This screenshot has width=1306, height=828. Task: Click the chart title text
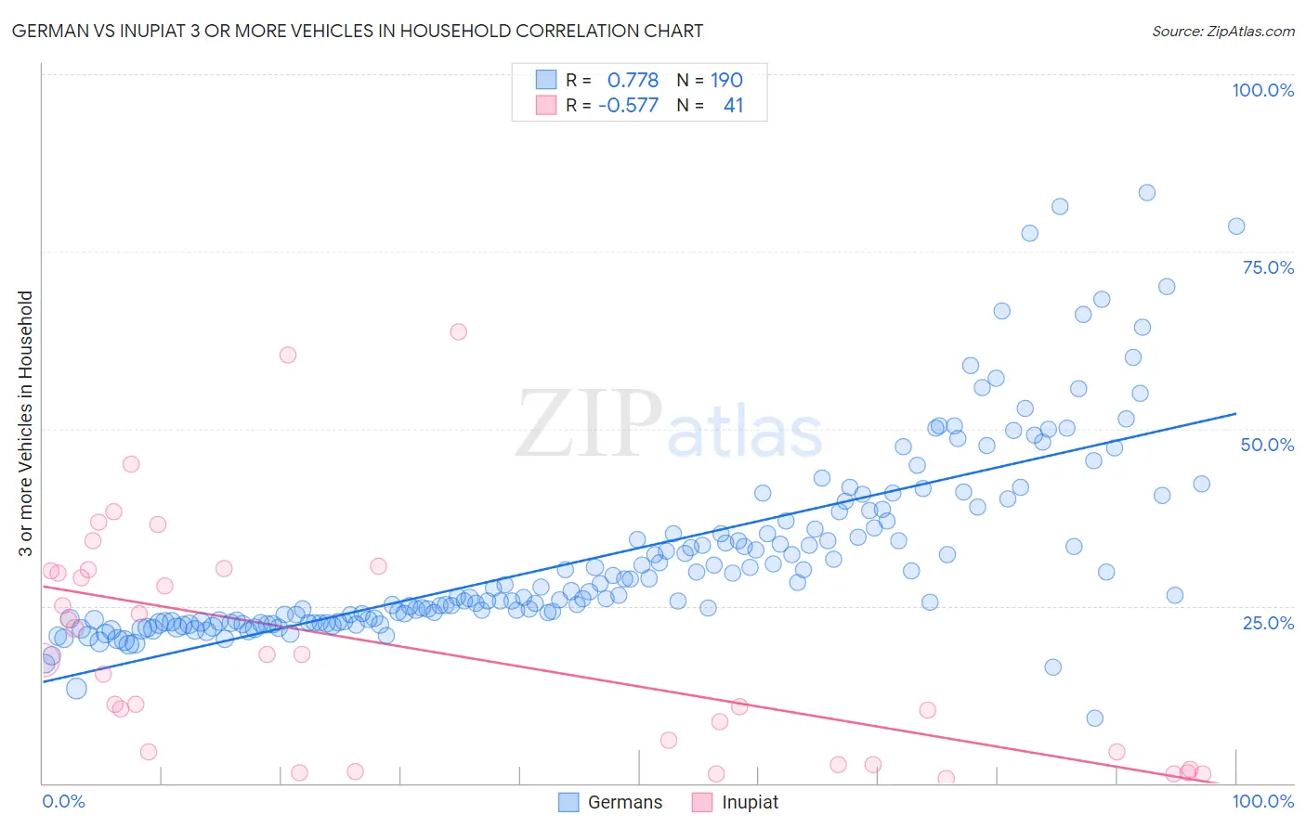358,31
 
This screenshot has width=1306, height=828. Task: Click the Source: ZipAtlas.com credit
1222,31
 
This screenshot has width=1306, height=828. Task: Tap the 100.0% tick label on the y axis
1262,90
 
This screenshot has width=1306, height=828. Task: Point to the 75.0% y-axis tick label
1268,267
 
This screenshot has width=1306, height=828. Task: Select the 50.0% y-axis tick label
1267,445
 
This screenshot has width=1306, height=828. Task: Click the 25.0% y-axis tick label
1268,622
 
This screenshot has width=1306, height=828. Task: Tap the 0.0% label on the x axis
63,801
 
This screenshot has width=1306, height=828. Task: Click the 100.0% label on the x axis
1262,801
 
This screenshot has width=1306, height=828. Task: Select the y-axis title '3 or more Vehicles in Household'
25,423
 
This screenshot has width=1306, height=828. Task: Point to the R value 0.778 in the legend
633,80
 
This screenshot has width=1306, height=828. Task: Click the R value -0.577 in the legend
628,105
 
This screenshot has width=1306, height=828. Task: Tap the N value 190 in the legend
726,80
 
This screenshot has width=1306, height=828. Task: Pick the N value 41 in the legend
733,105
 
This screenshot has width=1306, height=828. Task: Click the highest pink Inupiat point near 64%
458,331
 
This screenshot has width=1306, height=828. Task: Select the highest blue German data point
1147,192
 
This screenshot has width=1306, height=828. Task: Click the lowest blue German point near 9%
1095,718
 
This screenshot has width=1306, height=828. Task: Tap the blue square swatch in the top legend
546,80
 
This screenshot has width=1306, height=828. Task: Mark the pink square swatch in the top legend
546,105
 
